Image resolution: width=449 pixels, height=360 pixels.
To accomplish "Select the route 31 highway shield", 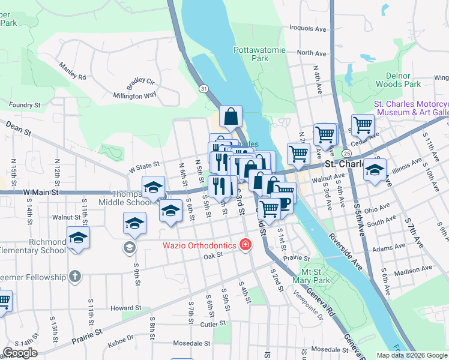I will [205, 88].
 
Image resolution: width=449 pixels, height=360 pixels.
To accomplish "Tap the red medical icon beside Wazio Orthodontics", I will [244, 245].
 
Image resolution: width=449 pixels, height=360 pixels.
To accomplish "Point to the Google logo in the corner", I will [20, 353].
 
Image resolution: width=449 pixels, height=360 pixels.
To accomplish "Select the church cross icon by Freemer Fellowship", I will [74, 277].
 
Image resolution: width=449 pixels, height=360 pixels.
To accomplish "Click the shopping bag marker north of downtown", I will [231, 117].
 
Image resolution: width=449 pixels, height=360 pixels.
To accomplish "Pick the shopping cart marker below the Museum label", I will [363, 126].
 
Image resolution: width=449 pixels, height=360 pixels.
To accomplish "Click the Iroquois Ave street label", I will [306, 28].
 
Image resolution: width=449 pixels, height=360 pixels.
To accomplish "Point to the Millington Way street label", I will [135, 95].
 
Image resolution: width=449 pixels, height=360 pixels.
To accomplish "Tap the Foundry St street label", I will [25, 104].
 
